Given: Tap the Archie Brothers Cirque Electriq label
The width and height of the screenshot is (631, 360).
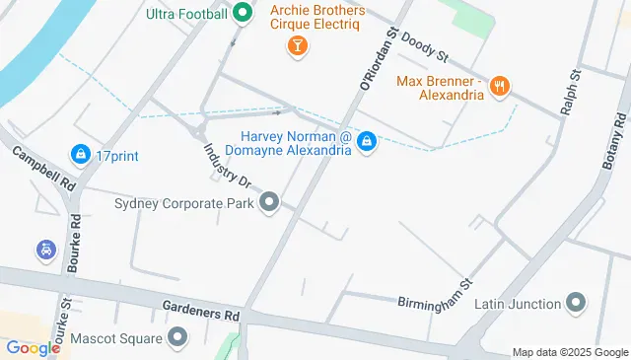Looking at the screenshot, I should click(317, 19).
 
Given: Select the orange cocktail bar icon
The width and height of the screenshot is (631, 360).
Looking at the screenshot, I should click(296, 45).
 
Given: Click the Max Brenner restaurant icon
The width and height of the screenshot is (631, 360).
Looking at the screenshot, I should click(501, 87).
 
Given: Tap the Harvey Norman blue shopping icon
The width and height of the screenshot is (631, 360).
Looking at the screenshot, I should click(367, 143).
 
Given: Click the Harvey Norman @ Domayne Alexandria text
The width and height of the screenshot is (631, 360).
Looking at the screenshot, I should click(296, 143).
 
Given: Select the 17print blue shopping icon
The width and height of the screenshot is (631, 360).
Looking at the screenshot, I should click(79, 154).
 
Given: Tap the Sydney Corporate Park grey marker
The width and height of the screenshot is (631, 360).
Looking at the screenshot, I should click(269, 204).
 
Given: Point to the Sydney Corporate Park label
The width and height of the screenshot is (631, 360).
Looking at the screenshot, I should click(184, 204).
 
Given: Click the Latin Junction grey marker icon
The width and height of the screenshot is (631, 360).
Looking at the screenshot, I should click(577, 303).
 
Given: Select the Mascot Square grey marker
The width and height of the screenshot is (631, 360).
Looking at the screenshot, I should click(177, 338).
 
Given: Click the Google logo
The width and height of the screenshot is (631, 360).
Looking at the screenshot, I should click(33, 347).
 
